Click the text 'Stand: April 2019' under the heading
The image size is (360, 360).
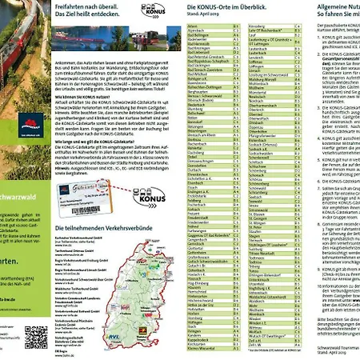pos(204,14)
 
